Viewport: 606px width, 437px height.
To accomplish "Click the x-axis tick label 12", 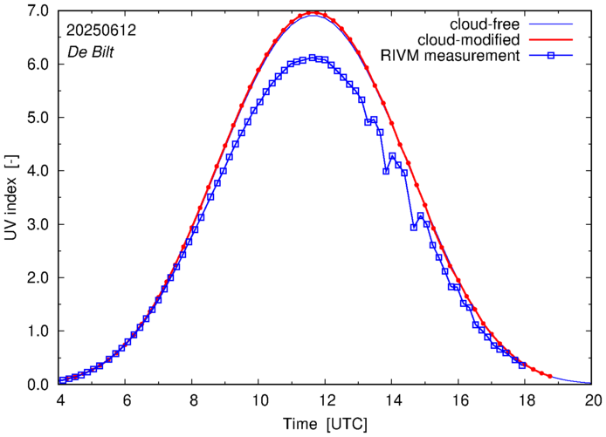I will [327, 400].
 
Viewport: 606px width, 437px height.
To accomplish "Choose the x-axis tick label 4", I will [59, 400].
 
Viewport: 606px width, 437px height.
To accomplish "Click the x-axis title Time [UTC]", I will [325, 424].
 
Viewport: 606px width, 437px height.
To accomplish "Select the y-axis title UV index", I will [11, 197].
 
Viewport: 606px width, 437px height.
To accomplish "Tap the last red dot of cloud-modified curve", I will [549, 376].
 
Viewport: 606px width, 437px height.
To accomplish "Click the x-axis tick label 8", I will [193, 400].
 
